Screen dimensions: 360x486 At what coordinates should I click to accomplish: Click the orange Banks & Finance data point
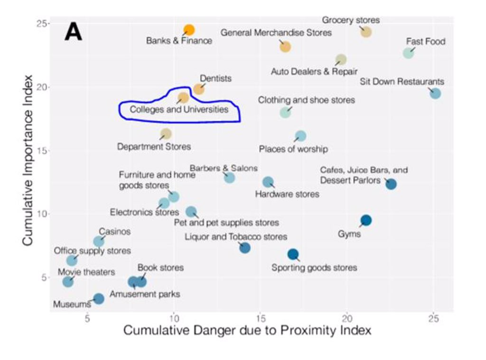click(189, 30)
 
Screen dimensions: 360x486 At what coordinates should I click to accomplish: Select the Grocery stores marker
click(365, 32)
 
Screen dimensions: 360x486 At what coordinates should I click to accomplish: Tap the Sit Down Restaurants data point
click(435, 94)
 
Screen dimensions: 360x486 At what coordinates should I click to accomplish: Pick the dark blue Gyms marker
click(366, 220)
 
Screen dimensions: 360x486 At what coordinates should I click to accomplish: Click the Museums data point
click(99, 299)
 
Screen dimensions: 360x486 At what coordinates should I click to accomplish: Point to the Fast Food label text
click(426, 41)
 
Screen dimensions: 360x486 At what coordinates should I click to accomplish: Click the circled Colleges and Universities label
click(179, 110)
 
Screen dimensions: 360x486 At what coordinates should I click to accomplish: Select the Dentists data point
click(199, 89)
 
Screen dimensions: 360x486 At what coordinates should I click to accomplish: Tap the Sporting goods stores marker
click(293, 254)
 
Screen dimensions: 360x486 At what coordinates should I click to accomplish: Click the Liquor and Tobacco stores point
click(245, 247)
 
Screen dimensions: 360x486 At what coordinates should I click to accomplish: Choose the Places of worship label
click(293, 149)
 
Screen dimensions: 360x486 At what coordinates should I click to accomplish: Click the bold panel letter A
click(74, 32)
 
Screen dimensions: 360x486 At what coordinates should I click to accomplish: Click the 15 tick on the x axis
click(260, 317)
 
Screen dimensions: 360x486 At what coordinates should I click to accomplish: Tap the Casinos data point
click(99, 241)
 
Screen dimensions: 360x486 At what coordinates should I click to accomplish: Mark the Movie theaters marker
click(68, 282)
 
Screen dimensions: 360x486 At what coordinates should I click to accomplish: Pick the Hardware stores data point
click(268, 182)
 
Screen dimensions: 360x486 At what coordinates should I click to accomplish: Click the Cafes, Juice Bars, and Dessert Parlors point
click(391, 184)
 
